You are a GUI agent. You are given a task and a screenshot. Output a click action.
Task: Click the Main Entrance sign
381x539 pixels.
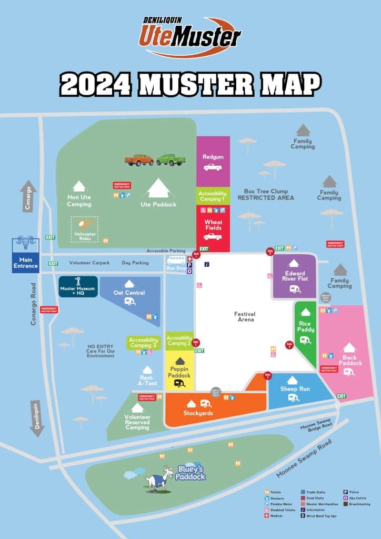pyautogui.click(x=26, y=262)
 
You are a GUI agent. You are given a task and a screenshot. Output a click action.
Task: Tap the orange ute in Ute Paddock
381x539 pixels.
pyautogui.click(x=139, y=159)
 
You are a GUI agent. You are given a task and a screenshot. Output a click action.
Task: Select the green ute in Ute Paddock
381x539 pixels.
pyautogui.click(x=171, y=159)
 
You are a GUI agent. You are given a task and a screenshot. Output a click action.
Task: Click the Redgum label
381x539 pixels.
pyautogui.click(x=213, y=156)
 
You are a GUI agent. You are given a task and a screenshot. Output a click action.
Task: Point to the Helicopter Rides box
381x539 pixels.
pyautogui.click(x=84, y=229)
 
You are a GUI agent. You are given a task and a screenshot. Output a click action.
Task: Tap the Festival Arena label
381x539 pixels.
pyautogui.click(x=245, y=316)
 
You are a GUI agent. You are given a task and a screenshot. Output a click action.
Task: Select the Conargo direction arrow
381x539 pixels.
pyautogui.click(x=28, y=197)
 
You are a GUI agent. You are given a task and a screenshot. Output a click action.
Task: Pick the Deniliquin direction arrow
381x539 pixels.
pyautogui.click(x=37, y=418)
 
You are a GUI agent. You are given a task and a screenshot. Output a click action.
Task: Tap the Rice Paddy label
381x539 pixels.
pyautogui.click(x=305, y=327)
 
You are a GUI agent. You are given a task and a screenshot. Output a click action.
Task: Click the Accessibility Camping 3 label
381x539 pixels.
pyautogui.click(x=143, y=343)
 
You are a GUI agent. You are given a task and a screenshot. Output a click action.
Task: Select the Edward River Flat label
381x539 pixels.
pyautogui.click(x=295, y=276)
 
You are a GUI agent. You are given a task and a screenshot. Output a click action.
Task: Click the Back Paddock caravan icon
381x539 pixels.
pyautogui.click(x=349, y=372)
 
